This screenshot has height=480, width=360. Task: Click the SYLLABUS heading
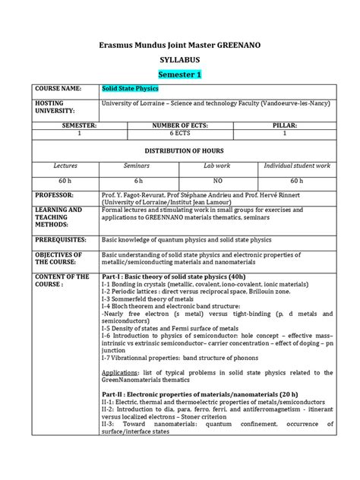[x=180, y=59]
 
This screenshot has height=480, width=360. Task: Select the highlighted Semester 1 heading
[x=180, y=74]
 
